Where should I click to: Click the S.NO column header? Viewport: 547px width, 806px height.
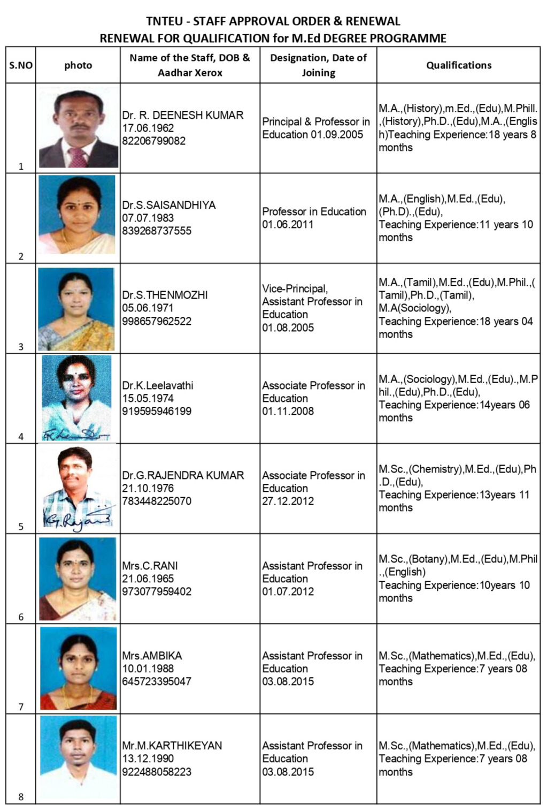[21, 65]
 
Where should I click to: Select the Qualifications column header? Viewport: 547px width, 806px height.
[458, 65]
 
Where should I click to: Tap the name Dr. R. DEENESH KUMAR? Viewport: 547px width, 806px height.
[182, 115]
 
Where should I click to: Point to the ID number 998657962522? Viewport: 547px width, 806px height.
[157, 321]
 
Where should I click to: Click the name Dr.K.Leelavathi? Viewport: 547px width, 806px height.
[158, 385]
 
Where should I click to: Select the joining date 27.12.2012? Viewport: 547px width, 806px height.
[288, 501]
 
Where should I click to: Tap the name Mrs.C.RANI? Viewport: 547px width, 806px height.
[150, 566]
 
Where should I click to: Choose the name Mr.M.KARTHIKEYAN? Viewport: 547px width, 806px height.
[172, 746]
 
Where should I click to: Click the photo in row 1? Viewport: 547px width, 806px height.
[78, 128]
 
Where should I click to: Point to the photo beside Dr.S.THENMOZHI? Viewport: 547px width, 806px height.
[76, 309]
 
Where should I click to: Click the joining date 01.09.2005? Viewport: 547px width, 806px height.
[337, 134]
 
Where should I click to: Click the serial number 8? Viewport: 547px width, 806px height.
[21, 796]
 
